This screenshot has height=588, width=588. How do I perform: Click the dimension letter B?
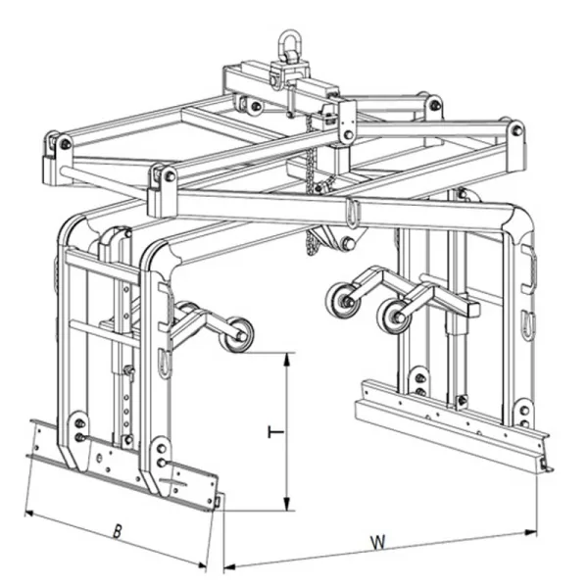pyautogui.click(x=118, y=532)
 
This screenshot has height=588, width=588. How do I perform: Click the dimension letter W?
pyautogui.click(x=378, y=542)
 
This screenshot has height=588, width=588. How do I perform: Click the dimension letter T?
pyautogui.click(x=276, y=432)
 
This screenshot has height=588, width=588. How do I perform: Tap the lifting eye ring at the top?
pyautogui.click(x=289, y=42)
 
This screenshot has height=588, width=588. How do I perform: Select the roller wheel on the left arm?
pyautogui.click(x=236, y=335)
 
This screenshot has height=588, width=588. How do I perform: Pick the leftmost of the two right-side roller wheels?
pyautogui.click(x=342, y=301)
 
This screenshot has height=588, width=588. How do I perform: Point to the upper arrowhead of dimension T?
pyautogui.click(x=287, y=360)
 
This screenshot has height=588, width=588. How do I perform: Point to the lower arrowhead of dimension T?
pyautogui.click(x=287, y=504)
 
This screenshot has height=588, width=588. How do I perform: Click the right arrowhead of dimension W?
pyautogui.click(x=530, y=532)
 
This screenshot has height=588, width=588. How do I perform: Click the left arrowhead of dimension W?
pyautogui.click(x=229, y=566)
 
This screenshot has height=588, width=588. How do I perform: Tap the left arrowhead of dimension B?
pyautogui.click(x=31, y=514)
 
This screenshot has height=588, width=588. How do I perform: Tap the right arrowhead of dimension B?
pyautogui.click(x=201, y=564)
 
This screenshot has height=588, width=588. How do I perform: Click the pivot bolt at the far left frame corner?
pyautogui.click(x=66, y=144)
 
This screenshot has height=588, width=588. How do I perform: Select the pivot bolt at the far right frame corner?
pyautogui.click(x=517, y=130)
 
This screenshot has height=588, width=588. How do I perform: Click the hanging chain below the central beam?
pyautogui.click(x=311, y=184)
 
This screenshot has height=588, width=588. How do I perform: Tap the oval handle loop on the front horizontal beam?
pyautogui.click(x=352, y=213)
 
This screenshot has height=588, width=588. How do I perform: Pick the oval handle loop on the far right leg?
pyautogui.click(x=527, y=324)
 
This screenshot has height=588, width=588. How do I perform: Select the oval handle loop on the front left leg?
pyautogui.click(x=165, y=364)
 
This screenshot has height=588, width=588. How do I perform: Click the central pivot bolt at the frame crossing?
pyautogui.click(x=348, y=134)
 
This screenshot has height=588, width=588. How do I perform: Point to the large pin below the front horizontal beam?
pyautogui.click(x=347, y=243)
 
